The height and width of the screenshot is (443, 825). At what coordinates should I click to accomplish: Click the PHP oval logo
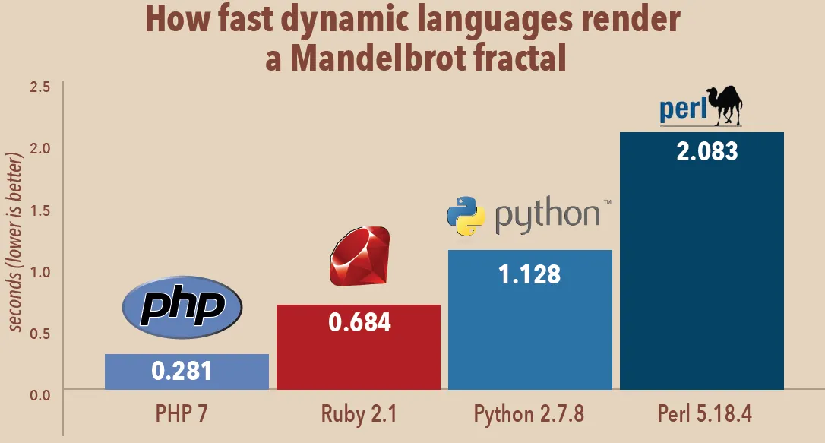(x=182, y=306)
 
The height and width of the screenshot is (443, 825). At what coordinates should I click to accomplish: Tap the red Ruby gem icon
(x=359, y=256)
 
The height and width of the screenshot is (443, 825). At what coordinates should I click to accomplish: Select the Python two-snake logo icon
(x=466, y=214)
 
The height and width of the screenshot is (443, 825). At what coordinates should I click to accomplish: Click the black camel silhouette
(x=724, y=105)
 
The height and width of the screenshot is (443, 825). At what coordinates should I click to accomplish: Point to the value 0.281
(x=182, y=371)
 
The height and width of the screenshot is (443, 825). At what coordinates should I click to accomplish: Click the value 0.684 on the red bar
(x=359, y=322)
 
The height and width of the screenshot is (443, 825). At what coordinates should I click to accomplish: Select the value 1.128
(x=529, y=273)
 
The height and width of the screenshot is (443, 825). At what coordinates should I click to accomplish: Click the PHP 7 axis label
(x=182, y=415)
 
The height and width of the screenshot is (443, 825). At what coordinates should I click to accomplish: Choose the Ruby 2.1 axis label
(x=359, y=415)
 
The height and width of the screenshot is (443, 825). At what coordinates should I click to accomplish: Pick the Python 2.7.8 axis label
(x=529, y=415)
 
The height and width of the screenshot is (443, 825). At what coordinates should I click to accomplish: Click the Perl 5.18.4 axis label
(x=703, y=415)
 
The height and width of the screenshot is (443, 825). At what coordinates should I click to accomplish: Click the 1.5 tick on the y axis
(x=40, y=210)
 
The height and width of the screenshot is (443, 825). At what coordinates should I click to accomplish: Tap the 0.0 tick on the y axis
(x=40, y=394)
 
